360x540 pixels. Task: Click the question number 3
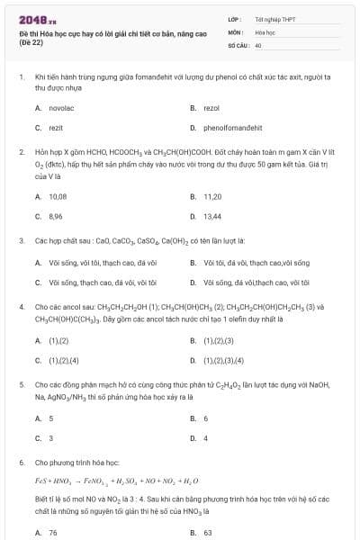(21, 241)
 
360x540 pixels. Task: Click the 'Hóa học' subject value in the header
(265, 31)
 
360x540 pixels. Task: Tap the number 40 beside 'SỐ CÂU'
(259, 44)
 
